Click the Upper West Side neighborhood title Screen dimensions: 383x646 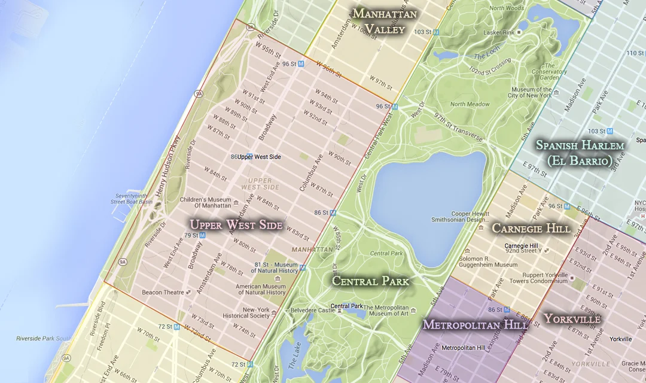click(236, 224)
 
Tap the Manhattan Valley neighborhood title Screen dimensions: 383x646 click(385, 21)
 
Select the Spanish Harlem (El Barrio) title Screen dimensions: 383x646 click(580, 153)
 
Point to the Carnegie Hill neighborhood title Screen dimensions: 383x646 click(531, 228)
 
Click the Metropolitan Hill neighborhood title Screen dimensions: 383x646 click(475, 324)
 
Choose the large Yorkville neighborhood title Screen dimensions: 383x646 click(572, 318)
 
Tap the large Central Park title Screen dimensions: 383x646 click(370, 281)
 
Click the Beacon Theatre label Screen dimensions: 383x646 click(163, 292)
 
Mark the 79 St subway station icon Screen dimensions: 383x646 click(202, 235)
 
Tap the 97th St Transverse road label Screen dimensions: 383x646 click(459, 126)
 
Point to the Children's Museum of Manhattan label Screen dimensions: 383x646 click(192, 202)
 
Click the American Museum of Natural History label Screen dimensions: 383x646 click(260, 289)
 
